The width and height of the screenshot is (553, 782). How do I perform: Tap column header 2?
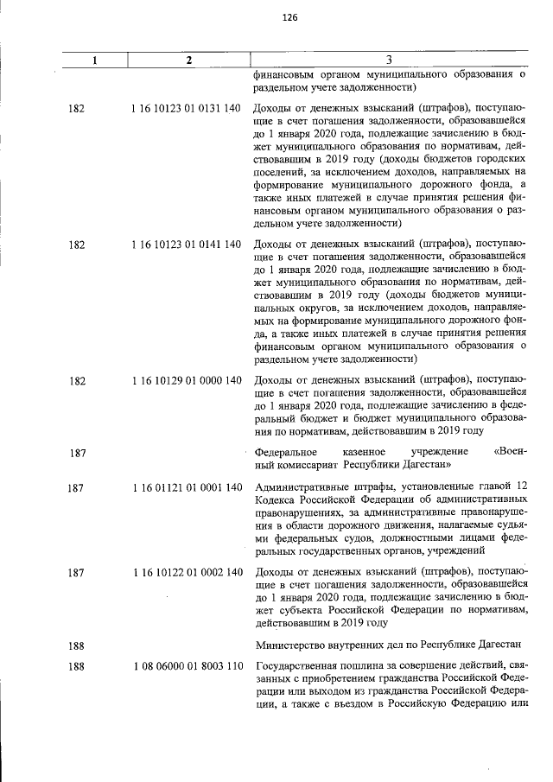(x=188, y=60)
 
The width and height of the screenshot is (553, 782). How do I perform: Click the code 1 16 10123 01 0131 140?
(x=187, y=109)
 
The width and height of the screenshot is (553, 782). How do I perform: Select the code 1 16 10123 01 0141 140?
(x=187, y=245)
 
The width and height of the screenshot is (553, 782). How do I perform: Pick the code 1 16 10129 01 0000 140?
(x=187, y=380)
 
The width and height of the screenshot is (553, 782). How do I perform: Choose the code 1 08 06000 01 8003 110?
(x=187, y=666)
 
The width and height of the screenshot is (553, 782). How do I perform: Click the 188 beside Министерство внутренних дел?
(x=75, y=644)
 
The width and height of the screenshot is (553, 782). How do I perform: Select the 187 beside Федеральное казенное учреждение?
(x=75, y=452)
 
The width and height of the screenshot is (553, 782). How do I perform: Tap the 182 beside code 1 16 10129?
(x=75, y=380)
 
